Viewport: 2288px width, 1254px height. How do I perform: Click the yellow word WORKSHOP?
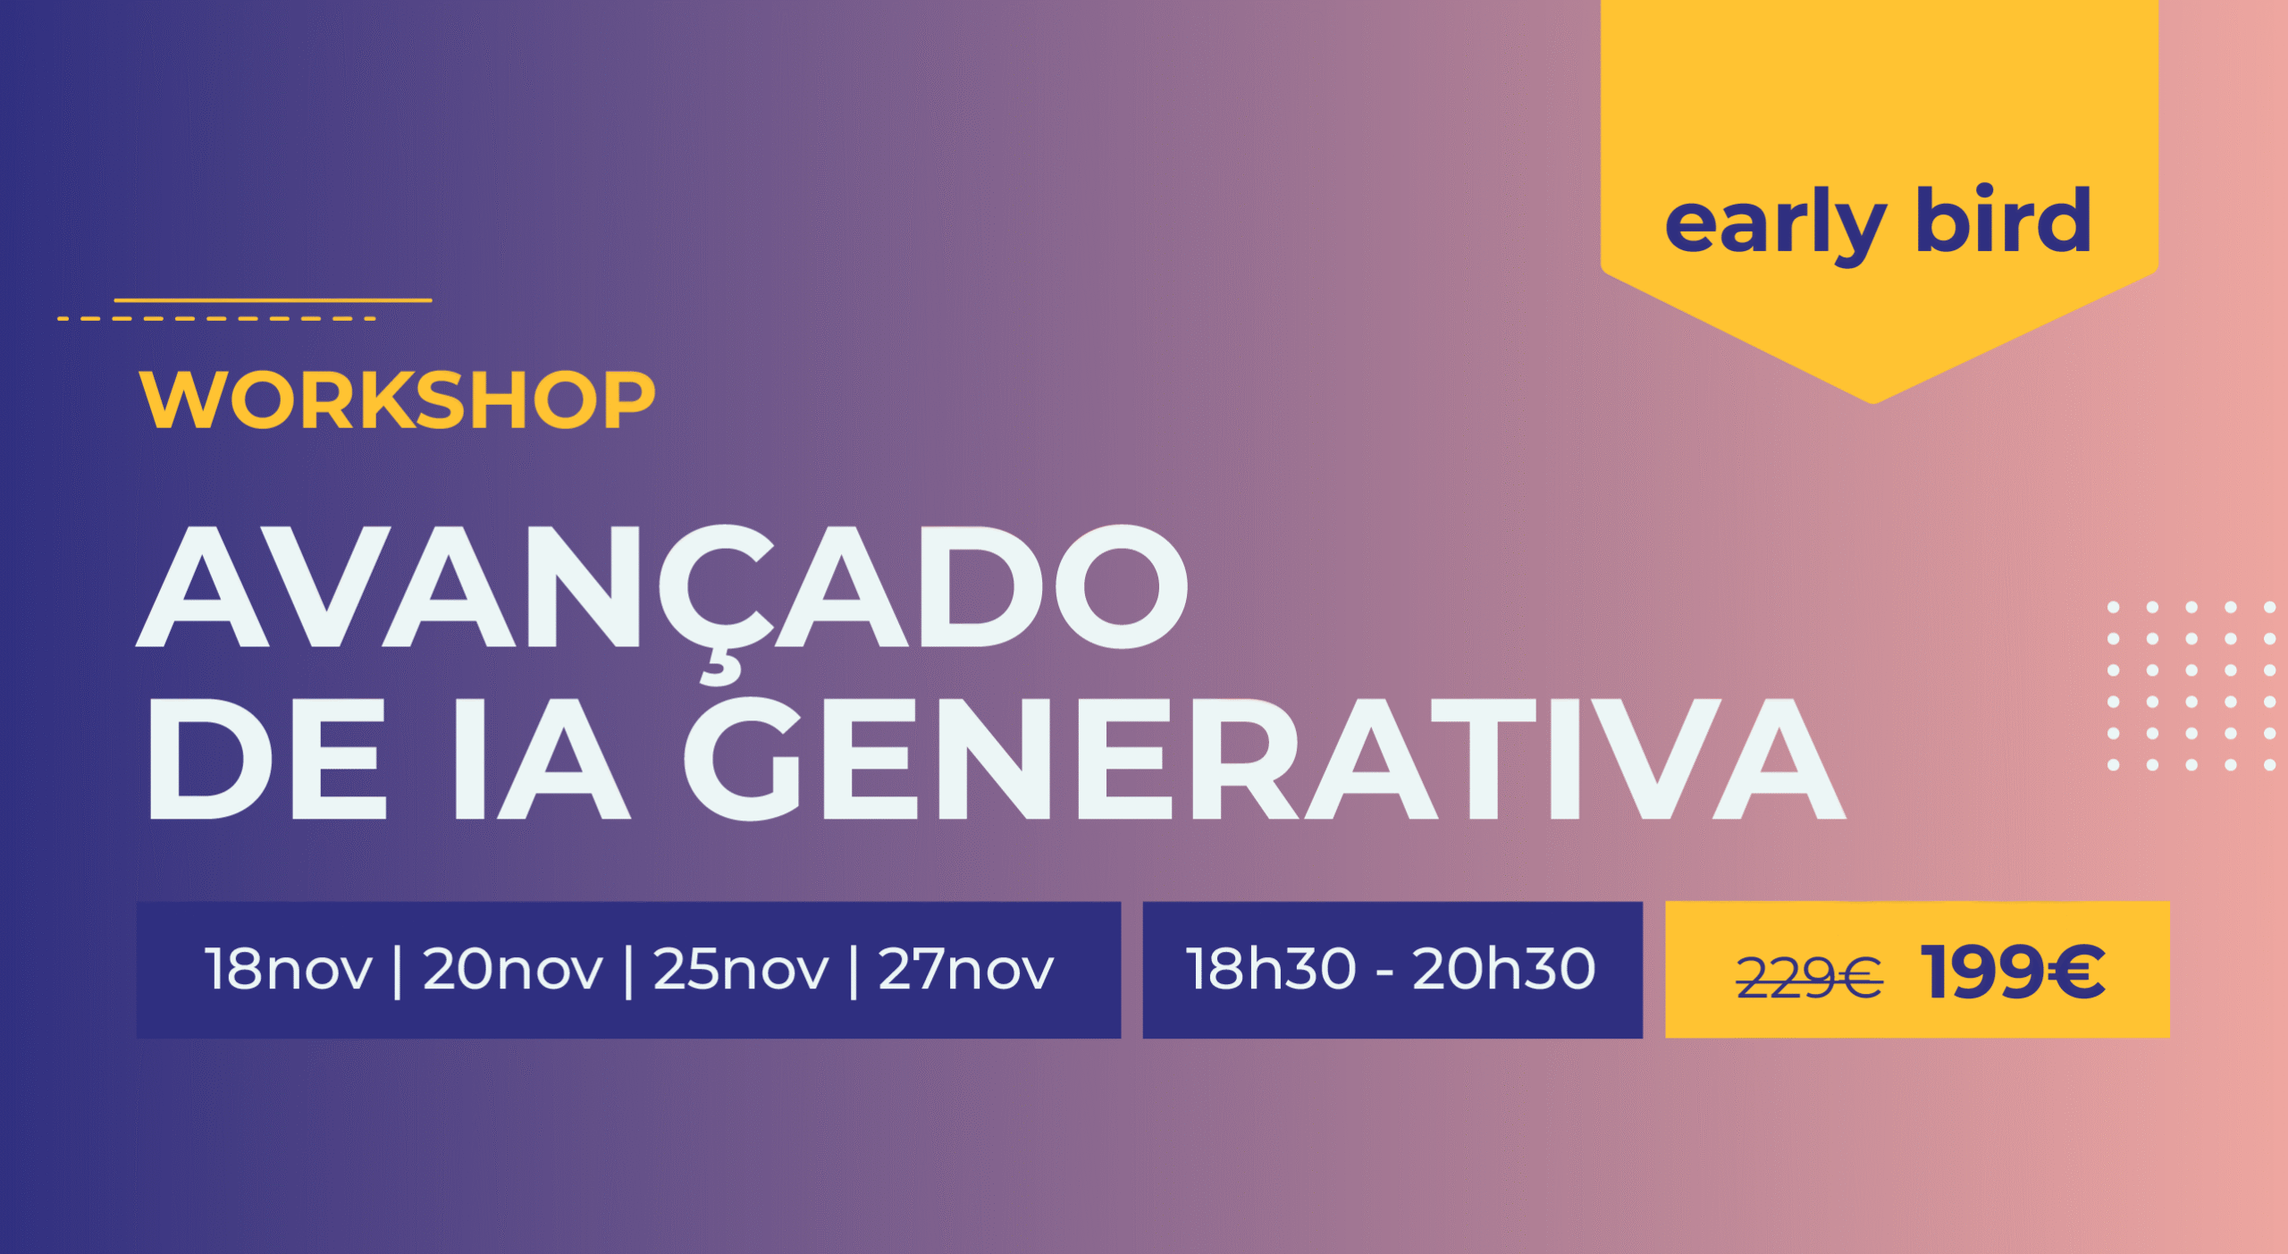click(x=398, y=400)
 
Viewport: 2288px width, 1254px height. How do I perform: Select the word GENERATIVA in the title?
click(x=1265, y=759)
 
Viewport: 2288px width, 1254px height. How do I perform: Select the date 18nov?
click(x=288, y=970)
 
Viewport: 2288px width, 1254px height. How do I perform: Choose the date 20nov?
click(x=513, y=970)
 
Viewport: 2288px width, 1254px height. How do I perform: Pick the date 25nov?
click(x=741, y=970)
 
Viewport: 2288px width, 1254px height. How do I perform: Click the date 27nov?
click(x=966, y=970)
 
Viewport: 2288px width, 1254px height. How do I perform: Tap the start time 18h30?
click(x=1271, y=969)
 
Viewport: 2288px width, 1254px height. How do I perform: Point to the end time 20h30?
click(x=1504, y=969)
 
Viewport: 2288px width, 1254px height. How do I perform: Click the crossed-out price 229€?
click(x=1810, y=976)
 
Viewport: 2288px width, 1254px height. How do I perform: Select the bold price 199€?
click(x=2014, y=972)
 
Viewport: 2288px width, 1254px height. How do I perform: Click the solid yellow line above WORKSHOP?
click(x=273, y=300)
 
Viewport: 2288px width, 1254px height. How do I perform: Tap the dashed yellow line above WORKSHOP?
click(x=217, y=318)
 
